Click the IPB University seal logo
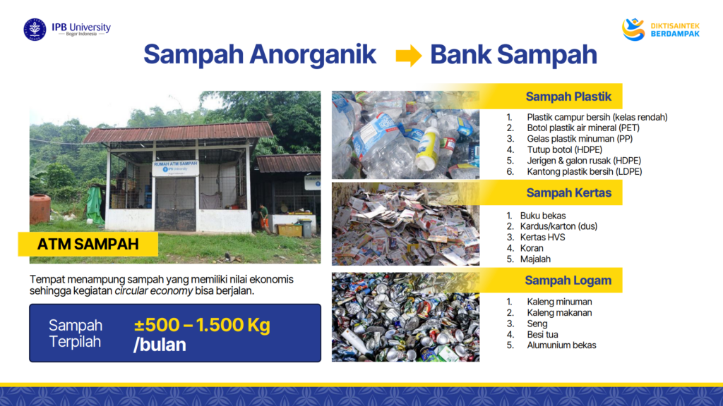pos(35,30)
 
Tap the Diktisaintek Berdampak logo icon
pos(633,30)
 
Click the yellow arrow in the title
pos(409,55)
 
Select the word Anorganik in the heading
pos(313,54)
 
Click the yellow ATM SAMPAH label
pos(88,244)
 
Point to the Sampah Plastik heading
pos(568,97)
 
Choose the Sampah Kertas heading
pos(568,193)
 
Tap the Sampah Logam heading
pos(568,281)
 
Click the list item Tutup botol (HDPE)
pos(564,149)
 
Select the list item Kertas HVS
pos(542,237)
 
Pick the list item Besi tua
pos(542,335)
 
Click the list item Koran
pos(532,248)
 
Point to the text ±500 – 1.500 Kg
pos(202,325)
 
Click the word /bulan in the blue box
pos(160,345)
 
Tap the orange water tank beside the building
pos(40,209)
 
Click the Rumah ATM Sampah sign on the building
pos(175,168)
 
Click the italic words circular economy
pos(153,291)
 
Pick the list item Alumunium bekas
pos(561,345)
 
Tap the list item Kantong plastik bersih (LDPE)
pos(584,172)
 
